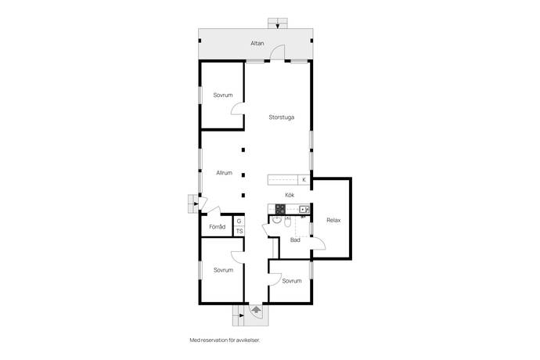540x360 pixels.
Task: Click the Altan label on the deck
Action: (x=257, y=43)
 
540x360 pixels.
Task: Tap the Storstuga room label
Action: (x=282, y=117)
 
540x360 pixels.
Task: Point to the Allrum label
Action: (x=224, y=173)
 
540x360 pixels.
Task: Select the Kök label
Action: (x=290, y=195)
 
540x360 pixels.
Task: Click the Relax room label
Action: (x=333, y=220)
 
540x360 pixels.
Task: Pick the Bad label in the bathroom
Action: (x=295, y=240)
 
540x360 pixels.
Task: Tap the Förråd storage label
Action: (x=218, y=227)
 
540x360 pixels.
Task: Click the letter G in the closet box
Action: (x=239, y=221)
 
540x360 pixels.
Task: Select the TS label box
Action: (x=239, y=231)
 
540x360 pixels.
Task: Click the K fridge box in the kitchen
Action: (x=304, y=180)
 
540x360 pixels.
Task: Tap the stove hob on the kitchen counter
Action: (x=280, y=209)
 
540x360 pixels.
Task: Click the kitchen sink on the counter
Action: (x=304, y=209)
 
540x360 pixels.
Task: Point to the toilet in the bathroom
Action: (x=287, y=222)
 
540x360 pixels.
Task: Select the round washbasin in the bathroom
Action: (x=276, y=219)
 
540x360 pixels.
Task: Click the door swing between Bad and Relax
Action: (x=319, y=243)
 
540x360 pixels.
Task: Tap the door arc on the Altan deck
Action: (x=277, y=52)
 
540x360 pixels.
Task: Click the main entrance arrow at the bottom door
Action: (x=256, y=309)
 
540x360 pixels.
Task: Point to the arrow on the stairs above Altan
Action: (x=278, y=25)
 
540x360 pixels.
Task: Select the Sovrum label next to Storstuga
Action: (x=223, y=95)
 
